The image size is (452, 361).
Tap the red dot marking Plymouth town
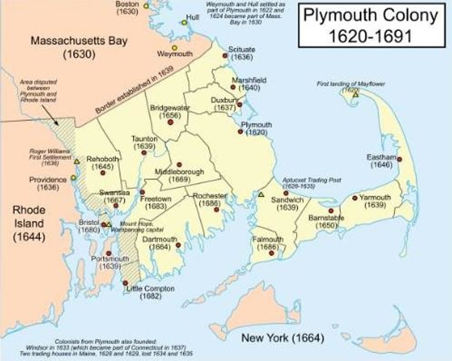240,131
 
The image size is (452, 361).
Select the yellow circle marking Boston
146,6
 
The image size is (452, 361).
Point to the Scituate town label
241,50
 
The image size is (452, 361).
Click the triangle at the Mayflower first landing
355,94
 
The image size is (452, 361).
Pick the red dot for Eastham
399,159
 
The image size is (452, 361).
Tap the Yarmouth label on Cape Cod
375,197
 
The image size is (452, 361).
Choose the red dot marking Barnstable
331,211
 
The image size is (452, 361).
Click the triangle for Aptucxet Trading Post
261,194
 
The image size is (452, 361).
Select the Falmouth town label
268,239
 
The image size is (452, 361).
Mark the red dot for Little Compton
125,283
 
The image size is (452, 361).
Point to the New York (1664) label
282,338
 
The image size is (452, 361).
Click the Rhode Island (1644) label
29,223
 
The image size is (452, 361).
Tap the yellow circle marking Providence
73,178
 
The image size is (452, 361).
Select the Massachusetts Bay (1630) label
79,47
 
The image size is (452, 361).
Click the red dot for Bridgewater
170,122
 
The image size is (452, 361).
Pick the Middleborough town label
179,172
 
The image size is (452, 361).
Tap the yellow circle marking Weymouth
175,48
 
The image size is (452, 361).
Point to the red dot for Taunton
144,153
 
